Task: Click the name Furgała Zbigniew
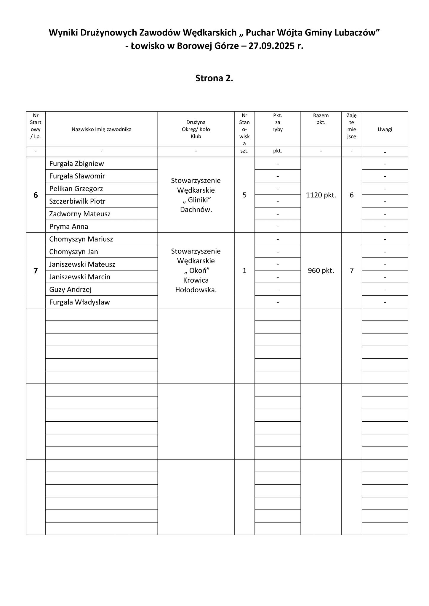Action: [x=76, y=164]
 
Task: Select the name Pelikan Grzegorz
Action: [x=76, y=189]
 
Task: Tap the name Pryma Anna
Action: [x=69, y=227]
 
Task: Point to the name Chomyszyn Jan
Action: [x=73, y=252]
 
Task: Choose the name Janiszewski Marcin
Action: [x=80, y=277]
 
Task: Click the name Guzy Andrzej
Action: [x=70, y=290]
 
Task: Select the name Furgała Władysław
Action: [x=79, y=302]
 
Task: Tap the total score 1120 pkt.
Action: [x=321, y=195]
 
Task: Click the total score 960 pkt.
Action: [x=321, y=271]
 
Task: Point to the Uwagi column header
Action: [x=385, y=129]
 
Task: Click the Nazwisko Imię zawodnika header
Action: [x=101, y=129]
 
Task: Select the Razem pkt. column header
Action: [x=321, y=119]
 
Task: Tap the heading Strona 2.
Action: [x=214, y=78]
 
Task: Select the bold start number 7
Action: [x=36, y=271]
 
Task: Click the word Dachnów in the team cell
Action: [x=196, y=210]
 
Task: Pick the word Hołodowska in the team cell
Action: [x=196, y=290]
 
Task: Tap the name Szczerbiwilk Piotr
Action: [x=77, y=202]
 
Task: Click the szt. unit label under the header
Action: [x=244, y=151]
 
